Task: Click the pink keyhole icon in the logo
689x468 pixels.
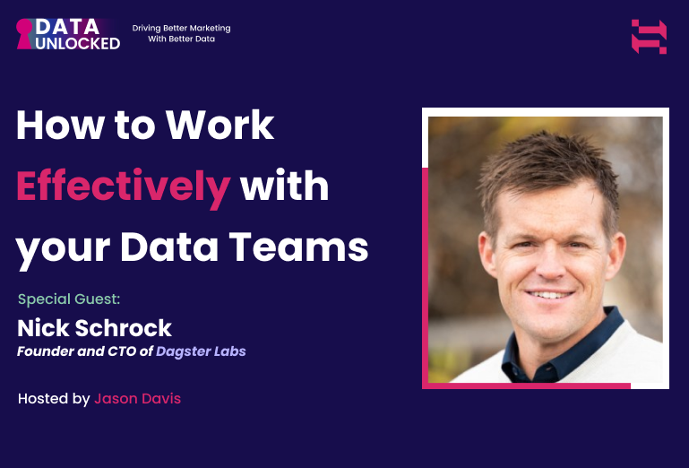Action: coord(25,33)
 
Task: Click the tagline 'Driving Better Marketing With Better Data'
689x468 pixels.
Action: coord(181,33)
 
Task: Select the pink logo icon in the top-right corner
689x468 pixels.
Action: coord(649,37)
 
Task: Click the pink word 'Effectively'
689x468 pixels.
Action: coord(123,186)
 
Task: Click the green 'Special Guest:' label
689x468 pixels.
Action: coord(68,299)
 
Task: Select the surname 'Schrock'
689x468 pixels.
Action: coord(121,326)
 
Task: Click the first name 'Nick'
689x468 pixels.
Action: coord(39,326)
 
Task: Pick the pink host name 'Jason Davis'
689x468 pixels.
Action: coord(137,398)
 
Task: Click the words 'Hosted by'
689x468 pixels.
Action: coord(53,398)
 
